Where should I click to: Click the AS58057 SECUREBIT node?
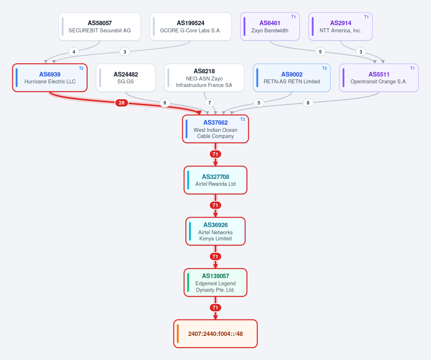click(100, 27)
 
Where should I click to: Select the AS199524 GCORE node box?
click(190, 27)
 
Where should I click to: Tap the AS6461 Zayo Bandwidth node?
click(270, 27)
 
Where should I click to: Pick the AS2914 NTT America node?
click(340, 27)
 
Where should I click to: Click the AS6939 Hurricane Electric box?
click(50, 78)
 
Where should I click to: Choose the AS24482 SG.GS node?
click(126, 78)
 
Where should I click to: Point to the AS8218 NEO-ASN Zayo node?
click(204, 78)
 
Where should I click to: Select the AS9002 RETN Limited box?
click(292, 78)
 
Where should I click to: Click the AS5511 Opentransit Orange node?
click(379, 78)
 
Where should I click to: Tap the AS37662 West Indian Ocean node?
click(215, 129)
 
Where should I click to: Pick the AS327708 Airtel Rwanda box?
click(215, 180)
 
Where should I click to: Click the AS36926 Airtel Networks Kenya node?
click(215, 231)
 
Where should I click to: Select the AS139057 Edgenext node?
click(215, 282)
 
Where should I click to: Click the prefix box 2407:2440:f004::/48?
click(215, 334)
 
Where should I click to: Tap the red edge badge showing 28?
click(122, 103)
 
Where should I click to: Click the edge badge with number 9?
click(165, 103)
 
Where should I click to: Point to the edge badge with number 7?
click(209, 103)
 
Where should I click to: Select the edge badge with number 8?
click(308, 103)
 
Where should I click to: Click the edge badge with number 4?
click(74, 52)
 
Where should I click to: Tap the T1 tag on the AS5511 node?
click(412, 68)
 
